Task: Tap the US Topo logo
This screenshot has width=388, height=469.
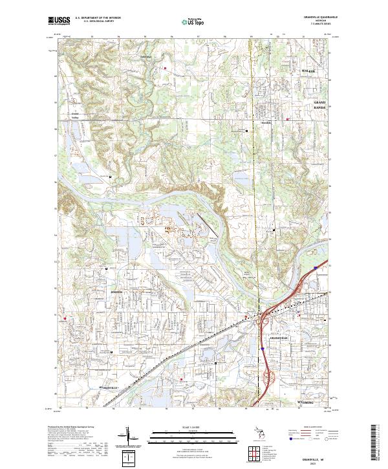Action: coord(187,22)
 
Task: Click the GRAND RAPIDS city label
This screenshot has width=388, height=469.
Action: coord(321,105)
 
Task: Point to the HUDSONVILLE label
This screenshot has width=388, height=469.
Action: coord(95,386)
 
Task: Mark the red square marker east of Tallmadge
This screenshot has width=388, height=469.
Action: coord(166,67)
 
